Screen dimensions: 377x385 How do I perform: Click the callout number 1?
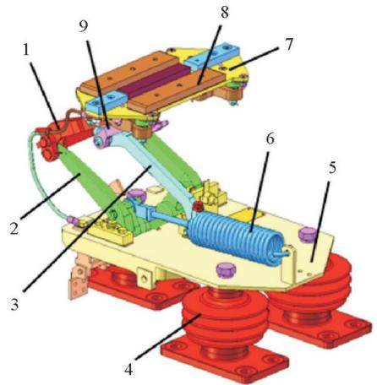(x=26, y=51)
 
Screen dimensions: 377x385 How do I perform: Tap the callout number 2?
(x=14, y=227)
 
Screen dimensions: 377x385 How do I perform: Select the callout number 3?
(x=15, y=304)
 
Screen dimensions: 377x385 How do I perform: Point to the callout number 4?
(x=128, y=370)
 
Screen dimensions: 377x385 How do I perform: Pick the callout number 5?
(x=332, y=168)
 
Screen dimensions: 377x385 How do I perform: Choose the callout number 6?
(x=270, y=139)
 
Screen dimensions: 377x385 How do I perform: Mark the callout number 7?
(x=288, y=45)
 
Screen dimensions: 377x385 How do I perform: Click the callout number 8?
(x=224, y=12)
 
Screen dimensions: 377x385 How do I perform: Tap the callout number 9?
(x=84, y=26)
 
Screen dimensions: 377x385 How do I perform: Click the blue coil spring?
(x=234, y=235)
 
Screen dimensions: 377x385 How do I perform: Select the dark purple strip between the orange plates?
(x=154, y=82)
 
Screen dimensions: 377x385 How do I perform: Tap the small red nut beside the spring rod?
(x=198, y=208)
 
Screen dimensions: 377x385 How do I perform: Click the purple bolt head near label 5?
(x=308, y=234)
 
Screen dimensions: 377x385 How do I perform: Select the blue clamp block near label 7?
(x=213, y=56)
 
